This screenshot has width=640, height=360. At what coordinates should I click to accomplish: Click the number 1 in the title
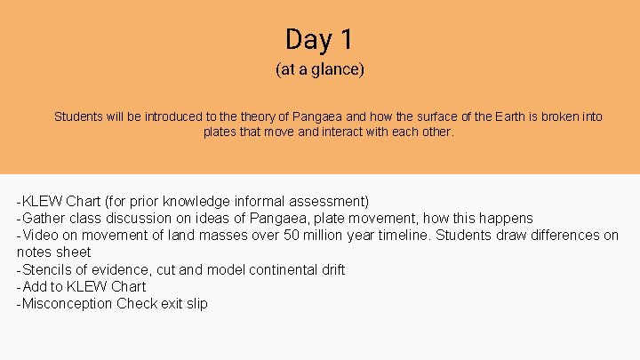coord(345,39)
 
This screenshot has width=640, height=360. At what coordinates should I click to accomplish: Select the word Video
coord(41,236)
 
